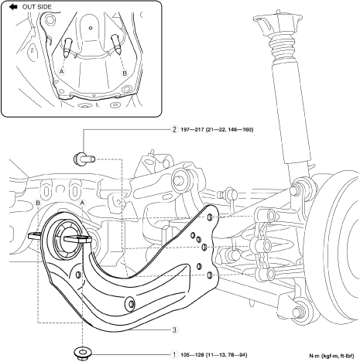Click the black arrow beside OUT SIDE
click(x=13, y=7)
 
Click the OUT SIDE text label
click(x=37, y=7)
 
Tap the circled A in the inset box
click(x=61, y=71)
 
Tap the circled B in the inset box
click(x=125, y=73)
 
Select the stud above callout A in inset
click(x=67, y=47)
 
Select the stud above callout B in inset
click(x=115, y=44)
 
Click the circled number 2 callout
click(x=175, y=129)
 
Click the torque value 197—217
click(x=191, y=129)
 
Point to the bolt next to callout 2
click(x=84, y=158)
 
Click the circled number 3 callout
click(x=175, y=330)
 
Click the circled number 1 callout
click(x=175, y=355)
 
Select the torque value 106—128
click(x=192, y=355)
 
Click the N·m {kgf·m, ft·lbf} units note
click(x=331, y=356)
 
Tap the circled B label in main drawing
click(x=38, y=203)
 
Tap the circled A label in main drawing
click(x=82, y=203)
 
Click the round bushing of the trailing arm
click(x=67, y=238)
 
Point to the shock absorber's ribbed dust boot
click(x=283, y=49)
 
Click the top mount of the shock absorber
click(x=277, y=22)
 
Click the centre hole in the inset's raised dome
click(x=91, y=28)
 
